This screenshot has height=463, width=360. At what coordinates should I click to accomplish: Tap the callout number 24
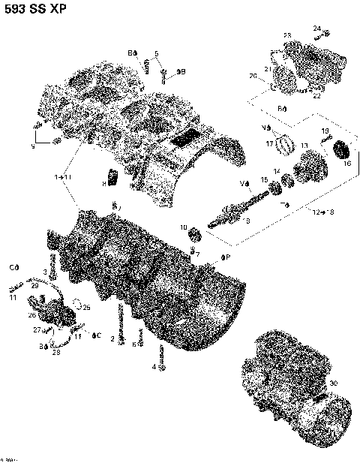[x=317, y=29]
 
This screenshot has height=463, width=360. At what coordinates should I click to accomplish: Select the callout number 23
[x=286, y=36]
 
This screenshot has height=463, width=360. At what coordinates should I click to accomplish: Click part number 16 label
[x=346, y=163]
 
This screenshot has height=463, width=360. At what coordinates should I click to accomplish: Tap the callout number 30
[x=333, y=383]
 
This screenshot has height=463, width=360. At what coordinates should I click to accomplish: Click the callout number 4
[x=154, y=366]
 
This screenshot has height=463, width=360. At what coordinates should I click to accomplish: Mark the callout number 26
[x=31, y=315]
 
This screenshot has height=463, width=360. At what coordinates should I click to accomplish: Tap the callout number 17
[x=269, y=143]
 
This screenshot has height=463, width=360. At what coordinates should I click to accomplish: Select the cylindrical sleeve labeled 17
[x=284, y=142]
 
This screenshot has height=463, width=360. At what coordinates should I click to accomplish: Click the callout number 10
[x=183, y=227]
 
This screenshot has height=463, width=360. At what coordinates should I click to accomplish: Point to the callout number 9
[x=32, y=146]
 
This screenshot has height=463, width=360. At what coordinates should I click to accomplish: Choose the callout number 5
[x=156, y=53]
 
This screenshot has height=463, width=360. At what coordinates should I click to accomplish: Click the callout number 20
[x=253, y=76]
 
